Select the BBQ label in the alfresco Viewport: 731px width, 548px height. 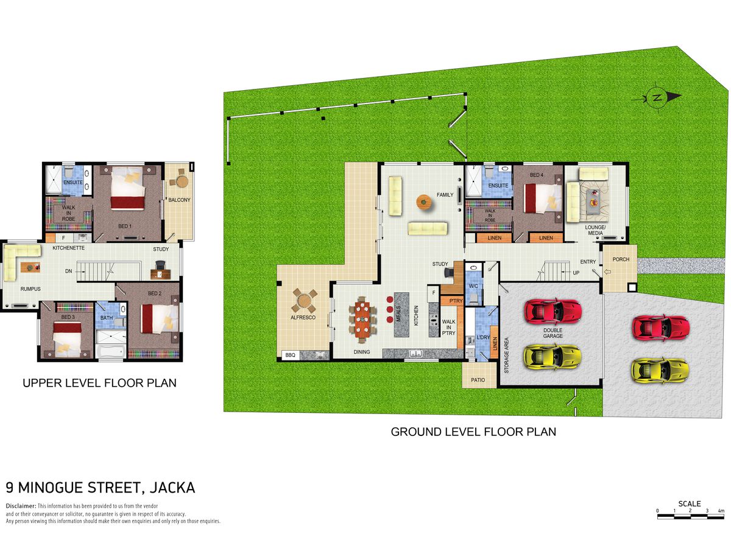pos(290,355)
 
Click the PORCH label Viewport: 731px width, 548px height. pos(621,259)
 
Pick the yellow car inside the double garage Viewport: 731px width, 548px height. pos(552,357)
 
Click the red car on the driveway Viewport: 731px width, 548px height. pos(661,328)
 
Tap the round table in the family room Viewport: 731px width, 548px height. pos(423,202)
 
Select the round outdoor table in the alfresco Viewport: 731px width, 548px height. pos(304,301)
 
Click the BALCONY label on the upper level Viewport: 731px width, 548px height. pos(179,200)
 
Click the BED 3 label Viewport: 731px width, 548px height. pos(68,317)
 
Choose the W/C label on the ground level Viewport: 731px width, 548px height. pos(473,286)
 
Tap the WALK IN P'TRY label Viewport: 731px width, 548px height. pos(448,328)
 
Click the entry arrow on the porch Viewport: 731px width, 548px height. pos(607,272)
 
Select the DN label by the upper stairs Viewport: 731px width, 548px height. pos(69,271)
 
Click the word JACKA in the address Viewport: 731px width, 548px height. pos(172,488)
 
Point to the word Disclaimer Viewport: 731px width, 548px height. pos(21,506)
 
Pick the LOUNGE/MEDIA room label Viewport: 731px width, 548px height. pos(595,230)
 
